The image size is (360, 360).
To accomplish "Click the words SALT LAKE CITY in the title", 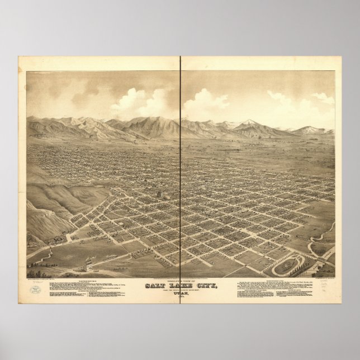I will point(180,287).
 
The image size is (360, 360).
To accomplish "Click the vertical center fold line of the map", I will point(181,168).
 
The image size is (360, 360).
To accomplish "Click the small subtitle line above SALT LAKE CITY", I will point(180,281).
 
